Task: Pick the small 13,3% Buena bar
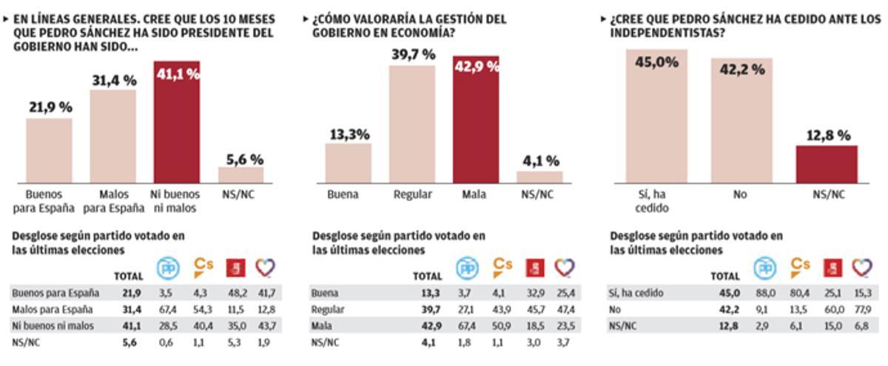(x=348, y=163)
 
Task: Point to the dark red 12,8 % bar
(x=827, y=164)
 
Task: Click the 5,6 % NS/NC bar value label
(x=240, y=159)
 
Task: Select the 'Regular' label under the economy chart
(x=412, y=195)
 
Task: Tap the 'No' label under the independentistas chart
(x=740, y=195)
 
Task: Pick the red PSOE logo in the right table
(x=832, y=267)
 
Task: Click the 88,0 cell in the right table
(x=764, y=293)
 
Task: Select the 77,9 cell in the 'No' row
(x=861, y=310)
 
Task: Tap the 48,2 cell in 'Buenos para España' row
(x=235, y=293)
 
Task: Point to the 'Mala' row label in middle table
(x=323, y=327)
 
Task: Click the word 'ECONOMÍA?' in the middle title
(x=417, y=33)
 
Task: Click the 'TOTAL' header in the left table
(x=128, y=276)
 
